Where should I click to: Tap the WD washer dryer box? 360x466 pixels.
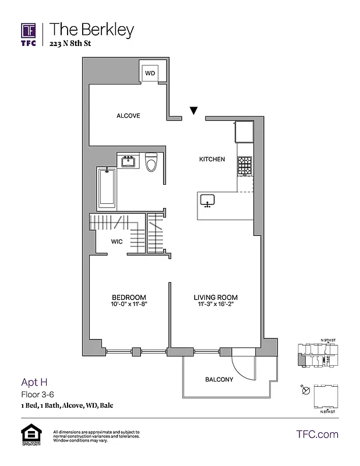point(150,73)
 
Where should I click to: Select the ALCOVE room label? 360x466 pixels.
point(128,116)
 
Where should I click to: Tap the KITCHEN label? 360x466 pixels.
point(212,159)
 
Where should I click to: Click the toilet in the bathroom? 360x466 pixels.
point(152,163)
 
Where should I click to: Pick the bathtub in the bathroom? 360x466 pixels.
point(106,188)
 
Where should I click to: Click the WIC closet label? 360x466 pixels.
point(117,242)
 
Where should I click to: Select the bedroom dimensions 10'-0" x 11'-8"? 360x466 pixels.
point(129,304)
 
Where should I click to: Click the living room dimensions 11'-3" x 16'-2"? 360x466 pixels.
point(216,304)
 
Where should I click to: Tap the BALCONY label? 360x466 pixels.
point(219,380)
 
